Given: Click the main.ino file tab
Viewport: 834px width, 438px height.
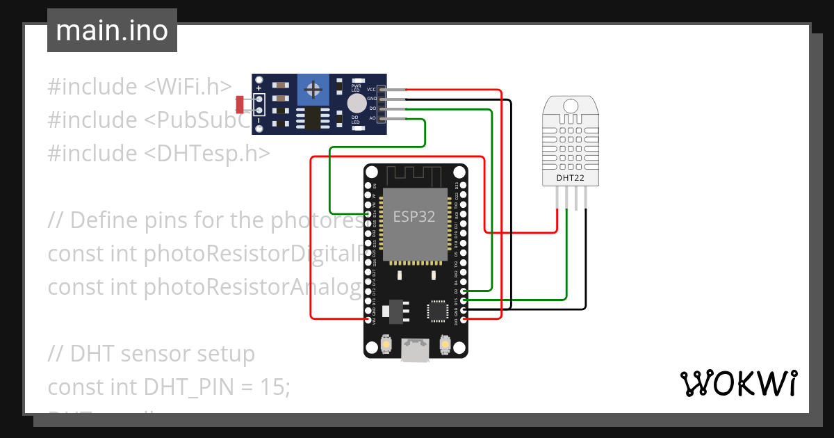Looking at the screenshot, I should [111, 31].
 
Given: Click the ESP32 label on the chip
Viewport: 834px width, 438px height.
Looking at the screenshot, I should [414, 216].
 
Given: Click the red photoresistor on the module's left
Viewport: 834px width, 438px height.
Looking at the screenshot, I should [240, 105].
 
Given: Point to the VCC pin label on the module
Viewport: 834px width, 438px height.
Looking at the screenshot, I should [371, 90].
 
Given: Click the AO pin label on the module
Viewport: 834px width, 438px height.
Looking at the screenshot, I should [372, 118].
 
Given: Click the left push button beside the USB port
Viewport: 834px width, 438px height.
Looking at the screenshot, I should [386, 343].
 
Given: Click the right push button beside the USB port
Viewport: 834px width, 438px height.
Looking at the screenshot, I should [445, 343].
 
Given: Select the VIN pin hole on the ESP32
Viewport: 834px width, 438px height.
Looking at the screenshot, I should [368, 320].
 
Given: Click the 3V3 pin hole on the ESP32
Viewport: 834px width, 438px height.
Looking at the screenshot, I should [464, 320].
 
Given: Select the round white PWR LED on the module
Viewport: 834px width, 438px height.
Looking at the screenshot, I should [356, 103].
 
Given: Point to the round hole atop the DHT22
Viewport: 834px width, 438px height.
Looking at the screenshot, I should [571, 106].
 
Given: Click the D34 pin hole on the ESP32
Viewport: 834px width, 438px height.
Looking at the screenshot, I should [368, 215].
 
